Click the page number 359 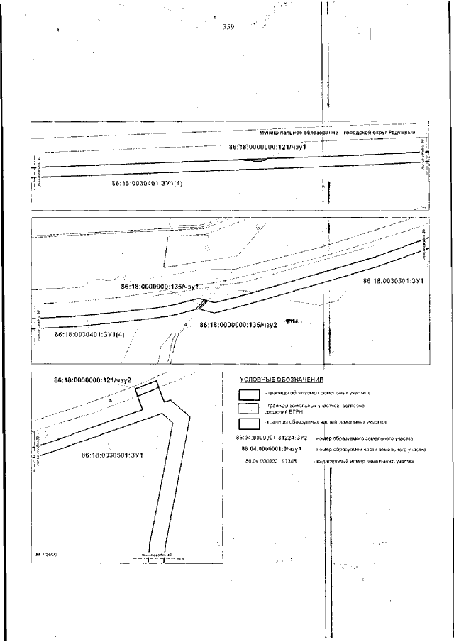228,28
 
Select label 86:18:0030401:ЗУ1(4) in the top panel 147,183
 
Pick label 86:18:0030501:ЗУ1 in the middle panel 392,282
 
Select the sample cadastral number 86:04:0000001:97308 270,462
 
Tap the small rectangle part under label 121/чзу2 146,394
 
